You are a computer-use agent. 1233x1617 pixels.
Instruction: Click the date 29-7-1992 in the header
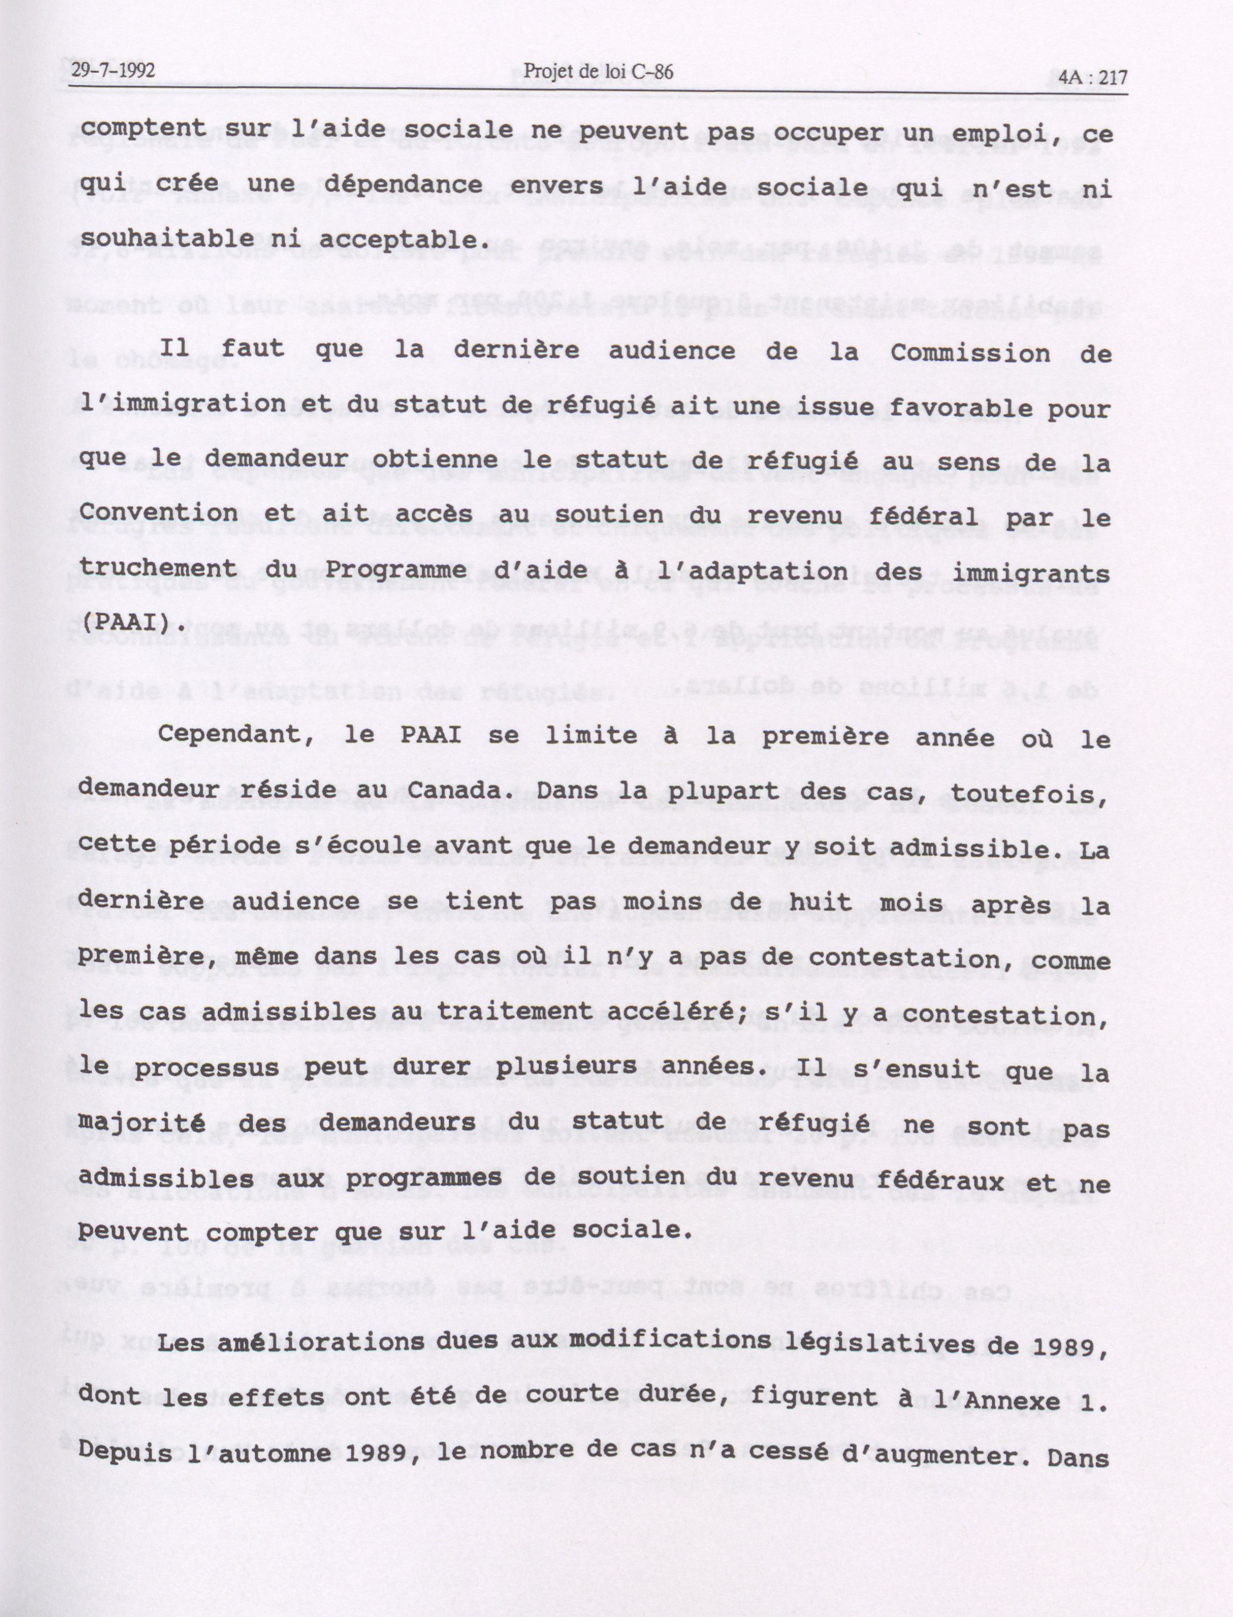(114, 71)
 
